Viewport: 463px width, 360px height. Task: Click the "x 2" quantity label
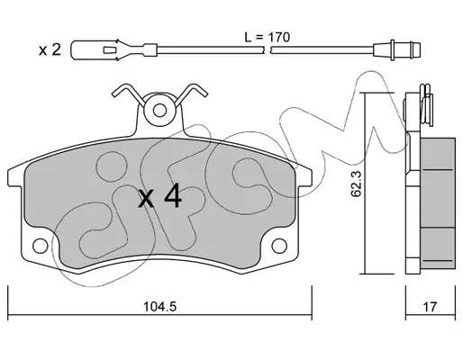(x=50, y=49)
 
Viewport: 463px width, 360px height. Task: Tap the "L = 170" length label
(x=267, y=37)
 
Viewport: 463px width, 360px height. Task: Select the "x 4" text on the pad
(x=159, y=197)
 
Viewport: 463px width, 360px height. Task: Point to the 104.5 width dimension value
(x=159, y=307)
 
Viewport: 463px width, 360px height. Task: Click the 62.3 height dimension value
(x=356, y=184)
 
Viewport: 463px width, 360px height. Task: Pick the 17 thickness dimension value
(x=430, y=307)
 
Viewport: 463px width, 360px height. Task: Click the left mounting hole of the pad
(x=41, y=246)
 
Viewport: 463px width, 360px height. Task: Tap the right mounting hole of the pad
(x=279, y=246)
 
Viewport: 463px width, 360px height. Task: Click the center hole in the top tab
(x=159, y=110)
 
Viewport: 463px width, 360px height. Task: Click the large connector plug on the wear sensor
(x=94, y=49)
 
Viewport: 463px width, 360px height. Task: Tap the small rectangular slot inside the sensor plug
(x=109, y=50)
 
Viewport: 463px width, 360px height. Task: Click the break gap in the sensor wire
(x=268, y=50)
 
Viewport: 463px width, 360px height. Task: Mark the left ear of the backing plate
(x=15, y=177)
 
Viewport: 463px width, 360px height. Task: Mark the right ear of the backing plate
(x=304, y=177)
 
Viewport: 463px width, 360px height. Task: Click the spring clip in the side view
(x=426, y=104)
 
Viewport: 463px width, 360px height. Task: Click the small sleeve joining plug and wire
(x=150, y=49)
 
